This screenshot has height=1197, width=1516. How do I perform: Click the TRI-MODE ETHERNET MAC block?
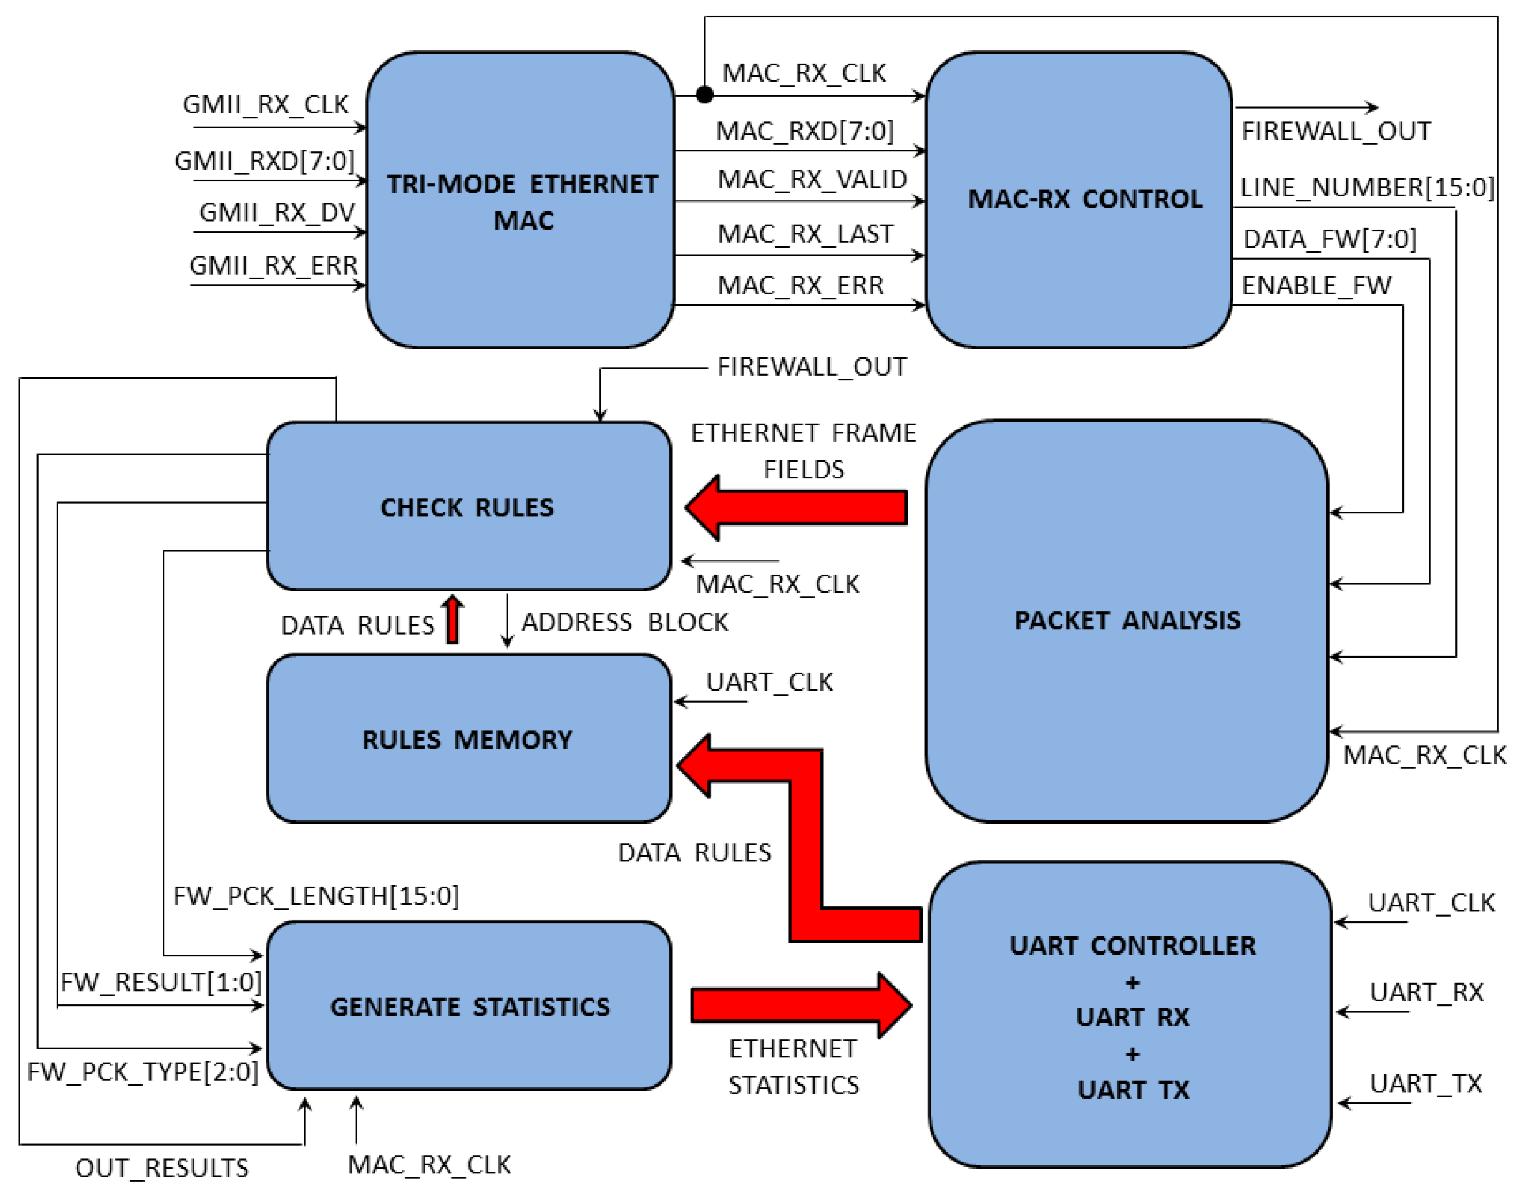point(521,200)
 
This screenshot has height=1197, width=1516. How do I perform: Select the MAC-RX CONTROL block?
point(1078,200)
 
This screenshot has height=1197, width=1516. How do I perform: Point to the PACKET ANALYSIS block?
point(1126,621)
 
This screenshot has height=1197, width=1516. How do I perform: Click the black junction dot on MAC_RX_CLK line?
point(705,94)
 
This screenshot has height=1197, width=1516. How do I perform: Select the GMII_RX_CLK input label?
point(265,104)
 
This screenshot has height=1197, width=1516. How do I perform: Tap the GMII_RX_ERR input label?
point(274,265)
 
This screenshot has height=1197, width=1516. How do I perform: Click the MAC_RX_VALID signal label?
point(811,179)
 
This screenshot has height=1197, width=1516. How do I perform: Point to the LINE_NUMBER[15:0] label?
point(1367,188)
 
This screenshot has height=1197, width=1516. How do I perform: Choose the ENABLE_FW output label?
point(1316,286)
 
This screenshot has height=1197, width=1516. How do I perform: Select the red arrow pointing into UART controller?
point(801,1005)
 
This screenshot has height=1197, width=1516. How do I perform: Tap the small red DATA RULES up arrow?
point(453,620)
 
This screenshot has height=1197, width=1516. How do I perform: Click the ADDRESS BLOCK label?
point(624,622)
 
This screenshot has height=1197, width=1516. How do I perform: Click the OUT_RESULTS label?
point(162,1168)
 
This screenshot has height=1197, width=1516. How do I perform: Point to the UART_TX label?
point(1426,1084)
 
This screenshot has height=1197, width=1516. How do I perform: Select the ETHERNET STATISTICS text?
point(793,1066)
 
